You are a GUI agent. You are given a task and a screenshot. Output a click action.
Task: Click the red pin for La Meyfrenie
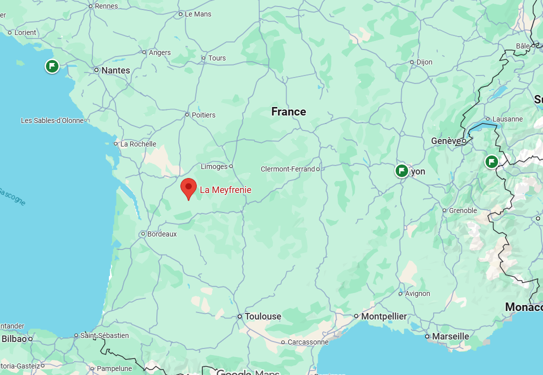pos(188,188)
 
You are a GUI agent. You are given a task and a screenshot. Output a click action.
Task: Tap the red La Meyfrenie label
pos(225,190)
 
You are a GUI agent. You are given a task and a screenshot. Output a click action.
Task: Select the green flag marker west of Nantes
pos(52,66)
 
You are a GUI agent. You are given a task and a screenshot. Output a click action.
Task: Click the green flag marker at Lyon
pos(401,171)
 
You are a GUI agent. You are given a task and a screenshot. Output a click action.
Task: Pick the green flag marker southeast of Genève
pos(492,161)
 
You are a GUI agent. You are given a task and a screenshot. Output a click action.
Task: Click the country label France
pos(288,111)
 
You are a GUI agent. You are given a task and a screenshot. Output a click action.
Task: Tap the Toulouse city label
pos(263,316)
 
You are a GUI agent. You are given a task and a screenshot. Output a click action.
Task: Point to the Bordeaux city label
pos(162,234)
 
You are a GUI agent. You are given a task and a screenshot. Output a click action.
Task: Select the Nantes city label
pos(115,70)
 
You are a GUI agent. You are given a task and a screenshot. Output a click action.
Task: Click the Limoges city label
pos(214,166)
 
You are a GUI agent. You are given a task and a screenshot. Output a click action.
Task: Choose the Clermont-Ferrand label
pos(288,169)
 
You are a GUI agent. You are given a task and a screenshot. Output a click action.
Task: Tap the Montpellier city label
pos(384,316)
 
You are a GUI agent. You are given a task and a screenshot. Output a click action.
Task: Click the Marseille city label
pos(451,336)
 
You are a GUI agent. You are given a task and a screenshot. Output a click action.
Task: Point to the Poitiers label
pos(203,115)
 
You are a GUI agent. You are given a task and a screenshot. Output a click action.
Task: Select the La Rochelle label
pos(138,144)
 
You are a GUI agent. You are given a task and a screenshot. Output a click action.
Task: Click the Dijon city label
pos(424,62)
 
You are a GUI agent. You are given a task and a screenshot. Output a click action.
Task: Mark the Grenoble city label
pos(463,210)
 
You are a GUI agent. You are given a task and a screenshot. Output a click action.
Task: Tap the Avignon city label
pos(417,293)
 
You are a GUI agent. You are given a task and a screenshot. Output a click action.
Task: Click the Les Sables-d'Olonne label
pos(52,120)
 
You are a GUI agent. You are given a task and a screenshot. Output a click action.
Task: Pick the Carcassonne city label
pos(308,342)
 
